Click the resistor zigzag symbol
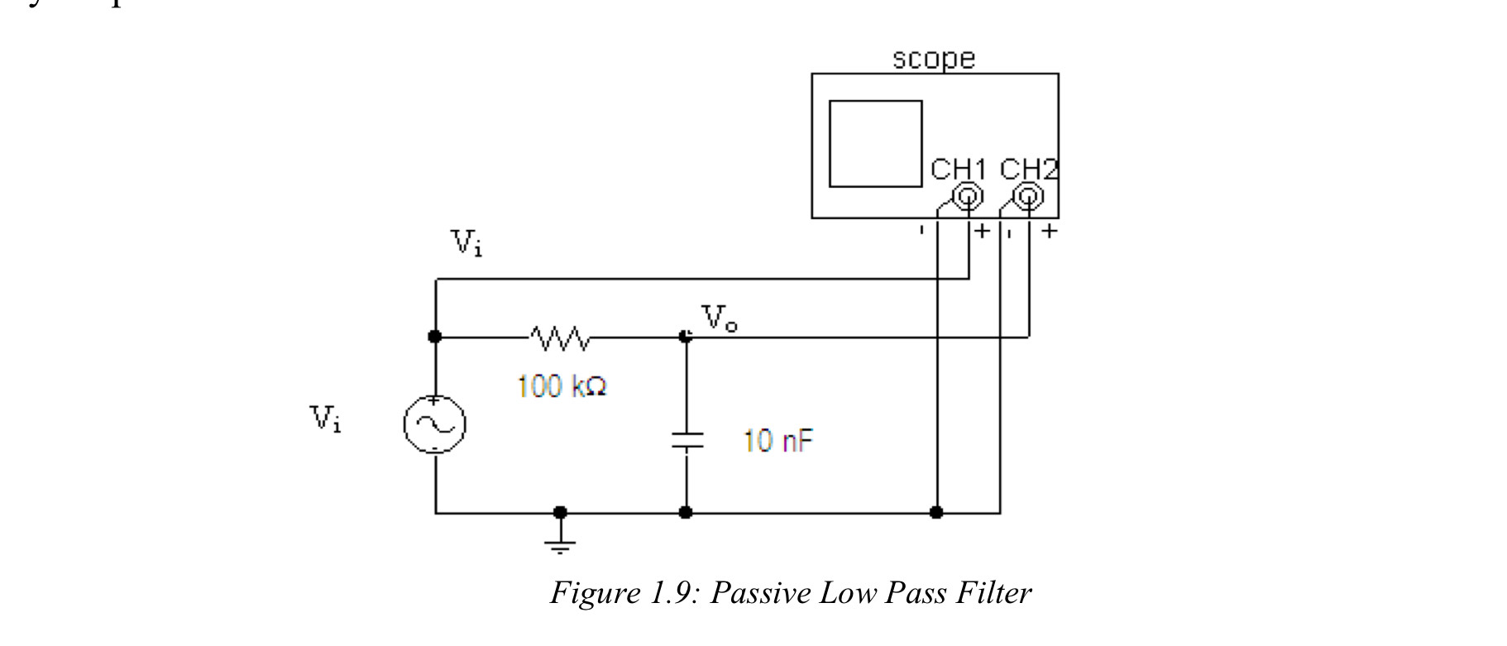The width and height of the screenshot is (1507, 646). tap(560, 337)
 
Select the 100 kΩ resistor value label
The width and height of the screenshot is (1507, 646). tap(562, 386)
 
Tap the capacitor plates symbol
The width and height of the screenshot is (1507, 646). tap(686, 441)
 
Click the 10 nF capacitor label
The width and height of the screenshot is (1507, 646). tap(777, 440)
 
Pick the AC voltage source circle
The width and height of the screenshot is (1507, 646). tap(434, 425)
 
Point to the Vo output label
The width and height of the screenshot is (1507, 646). tap(719, 318)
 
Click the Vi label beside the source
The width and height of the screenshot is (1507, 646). tap(326, 419)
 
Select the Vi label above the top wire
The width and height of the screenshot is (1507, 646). tap(466, 243)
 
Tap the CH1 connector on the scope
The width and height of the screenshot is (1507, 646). tap(969, 197)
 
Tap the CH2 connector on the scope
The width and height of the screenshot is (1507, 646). tap(1029, 197)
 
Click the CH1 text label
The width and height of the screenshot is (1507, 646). tap(958, 169)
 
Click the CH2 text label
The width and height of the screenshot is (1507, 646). tap(1028, 169)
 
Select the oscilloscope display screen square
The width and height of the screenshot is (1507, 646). tap(875, 144)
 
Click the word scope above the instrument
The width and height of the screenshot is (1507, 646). tap(934, 59)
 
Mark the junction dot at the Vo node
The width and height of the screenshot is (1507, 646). tap(685, 337)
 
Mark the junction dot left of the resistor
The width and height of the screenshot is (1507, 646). tap(435, 337)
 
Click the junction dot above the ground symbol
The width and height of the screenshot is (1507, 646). tap(560, 512)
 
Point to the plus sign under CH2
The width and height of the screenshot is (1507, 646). tap(1049, 231)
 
